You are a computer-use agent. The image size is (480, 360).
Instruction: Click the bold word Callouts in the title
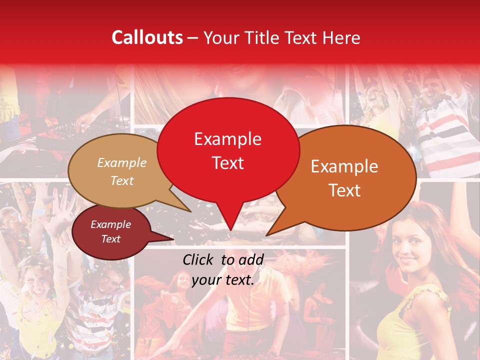(x=147, y=37)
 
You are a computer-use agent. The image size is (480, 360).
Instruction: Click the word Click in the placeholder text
(x=199, y=259)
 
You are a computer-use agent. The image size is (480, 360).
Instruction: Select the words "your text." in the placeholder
(x=223, y=280)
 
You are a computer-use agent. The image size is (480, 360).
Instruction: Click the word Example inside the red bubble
(x=227, y=139)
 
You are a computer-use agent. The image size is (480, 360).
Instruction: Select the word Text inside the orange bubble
(x=344, y=190)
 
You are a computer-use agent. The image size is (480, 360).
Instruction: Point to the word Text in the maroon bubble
(x=110, y=239)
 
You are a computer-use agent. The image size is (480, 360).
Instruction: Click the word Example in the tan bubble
(x=122, y=162)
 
